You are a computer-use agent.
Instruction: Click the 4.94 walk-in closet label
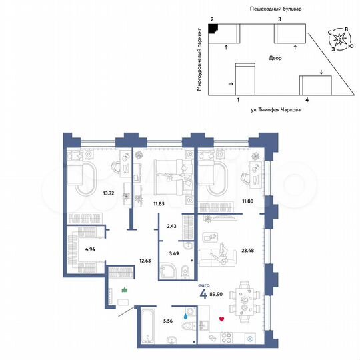pos(91,250)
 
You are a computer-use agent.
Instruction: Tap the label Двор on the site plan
pos(275,58)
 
